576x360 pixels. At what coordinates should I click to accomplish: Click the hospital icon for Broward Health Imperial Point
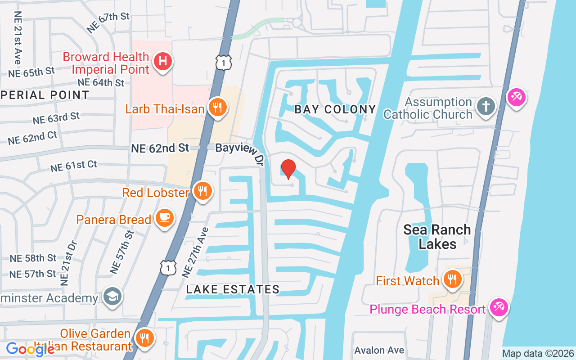[x=163, y=61]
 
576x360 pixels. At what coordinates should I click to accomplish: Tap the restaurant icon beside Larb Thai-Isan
[x=217, y=107]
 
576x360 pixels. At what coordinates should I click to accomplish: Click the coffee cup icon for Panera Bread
[x=164, y=218]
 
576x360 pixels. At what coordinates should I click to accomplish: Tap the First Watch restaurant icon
[x=452, y=279]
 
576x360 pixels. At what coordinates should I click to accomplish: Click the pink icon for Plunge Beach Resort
[x=499, y=307]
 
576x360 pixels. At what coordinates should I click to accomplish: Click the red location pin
[x=288, y=169]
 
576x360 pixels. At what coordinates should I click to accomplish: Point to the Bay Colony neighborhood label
[x=335, y=109]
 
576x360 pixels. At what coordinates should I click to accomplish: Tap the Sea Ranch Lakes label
[x=437, y=237]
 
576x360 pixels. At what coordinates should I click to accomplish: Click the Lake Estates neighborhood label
[x=233, y=290]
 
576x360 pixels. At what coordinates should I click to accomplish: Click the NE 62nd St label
[x=160, y=148]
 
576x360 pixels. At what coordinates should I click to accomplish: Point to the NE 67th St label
[x=108, y=22]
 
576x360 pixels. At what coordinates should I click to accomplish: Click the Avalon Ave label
[x=379, y=350]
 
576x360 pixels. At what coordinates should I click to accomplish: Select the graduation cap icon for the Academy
[x=112, y=296]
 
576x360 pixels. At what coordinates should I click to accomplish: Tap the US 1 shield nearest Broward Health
[x=224, y=63]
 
